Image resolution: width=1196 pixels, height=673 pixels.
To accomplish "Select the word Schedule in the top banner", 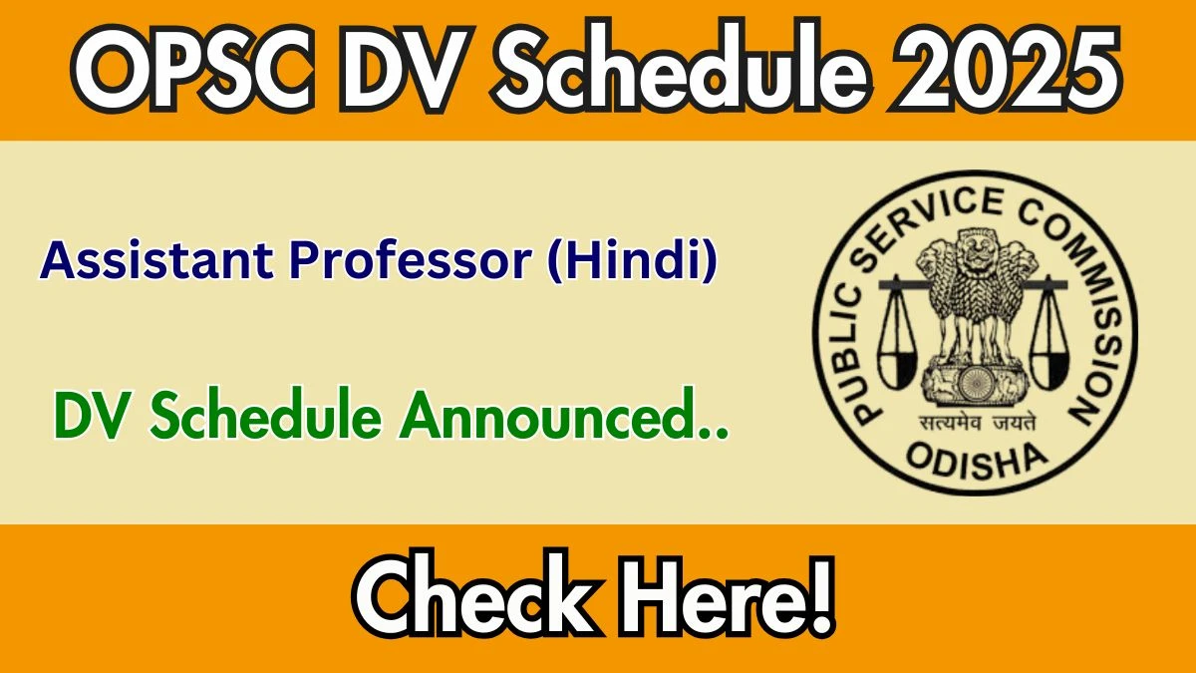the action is pos(683,66).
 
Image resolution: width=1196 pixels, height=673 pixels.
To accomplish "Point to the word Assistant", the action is pos(157,260).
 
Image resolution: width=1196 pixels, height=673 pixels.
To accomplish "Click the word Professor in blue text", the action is pos(411,260).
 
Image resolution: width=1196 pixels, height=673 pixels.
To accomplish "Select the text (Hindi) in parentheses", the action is pos(633,260).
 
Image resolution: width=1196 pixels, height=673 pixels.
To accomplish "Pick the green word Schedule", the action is pos(265,415).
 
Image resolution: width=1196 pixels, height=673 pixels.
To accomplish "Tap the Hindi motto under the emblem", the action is pos(977,423).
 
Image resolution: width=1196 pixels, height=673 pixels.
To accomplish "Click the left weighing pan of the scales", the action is pos(898,369).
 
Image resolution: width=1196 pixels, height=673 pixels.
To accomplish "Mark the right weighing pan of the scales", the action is pos(1049,369).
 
